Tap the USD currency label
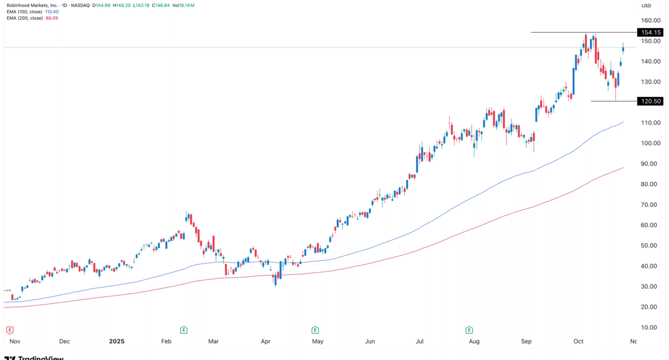pyautogui.click(x=646, y=6)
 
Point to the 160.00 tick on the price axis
pyautogui.click(x=650, y=21)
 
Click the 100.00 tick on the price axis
pyautogui.click(x=650, y=143)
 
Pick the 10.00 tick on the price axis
pyautogui.click(x=650, y=327)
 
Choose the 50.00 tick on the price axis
pyautogui.click(x=650, y=245)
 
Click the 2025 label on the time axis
pyautogui.click(x=117, y=341)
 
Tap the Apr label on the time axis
pyautogui.click(x=266, y=341)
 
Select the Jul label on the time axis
pyautogui.click(x=420, y=341)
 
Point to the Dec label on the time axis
pyautogui.click(x=64, y=341)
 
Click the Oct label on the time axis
pyautogui.click(x=578, y=341)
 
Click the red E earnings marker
pyautogui.click(x=9, y=330)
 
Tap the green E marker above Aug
pyautogui.click(x=469, y=330)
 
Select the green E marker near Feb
pyautogui.click(x=183, y=330)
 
